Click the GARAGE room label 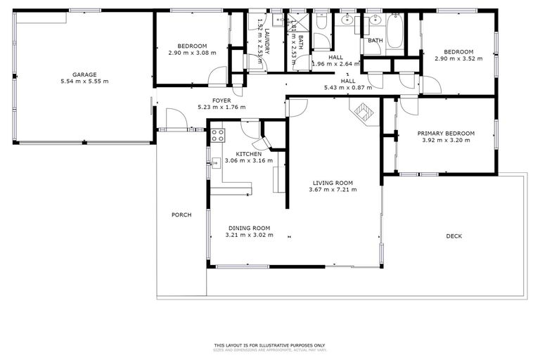point(84,75)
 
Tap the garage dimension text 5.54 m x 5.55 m point(84,82)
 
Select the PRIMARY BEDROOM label point(446,133)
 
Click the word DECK point(454,236)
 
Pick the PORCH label point(181,214)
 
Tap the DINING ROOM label point(249,228)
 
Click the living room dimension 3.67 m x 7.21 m point(335,189)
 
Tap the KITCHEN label point(249,154)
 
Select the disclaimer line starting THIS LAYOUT point(270,345)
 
